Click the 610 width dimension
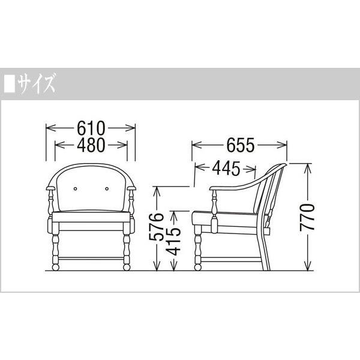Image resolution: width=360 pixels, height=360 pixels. (91, 128)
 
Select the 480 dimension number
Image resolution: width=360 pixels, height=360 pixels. (91, 144)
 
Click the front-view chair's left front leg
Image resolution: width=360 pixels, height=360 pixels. (55, 249)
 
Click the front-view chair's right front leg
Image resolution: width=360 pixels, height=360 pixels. (127, 249)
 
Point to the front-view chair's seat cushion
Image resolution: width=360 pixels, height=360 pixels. (91, 214)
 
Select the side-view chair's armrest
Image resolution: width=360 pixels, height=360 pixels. (231, 188)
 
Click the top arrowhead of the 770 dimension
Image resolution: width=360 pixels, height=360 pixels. (307, 166)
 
